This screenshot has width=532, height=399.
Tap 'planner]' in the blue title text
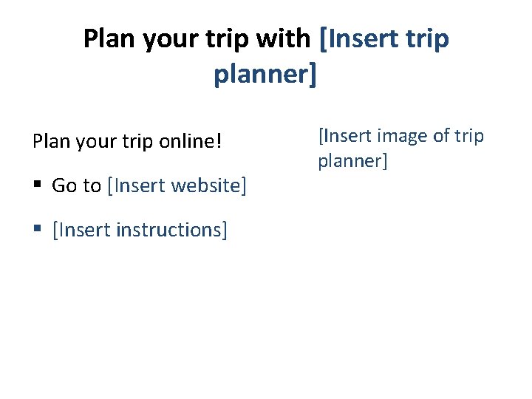pyautogui.click(x=265, y=74)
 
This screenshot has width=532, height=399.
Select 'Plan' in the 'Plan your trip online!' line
pyautogui.click(x=50, y=141)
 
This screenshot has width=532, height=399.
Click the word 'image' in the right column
pyautogui.click(x=400, y=136)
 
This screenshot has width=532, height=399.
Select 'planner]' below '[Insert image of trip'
pyautogui.click(x=352, y=160)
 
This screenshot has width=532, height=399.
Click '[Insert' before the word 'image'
pyautogui.click(x=344, y=136)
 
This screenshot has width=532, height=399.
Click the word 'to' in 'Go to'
pyautogui.click(x=92, y=185)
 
